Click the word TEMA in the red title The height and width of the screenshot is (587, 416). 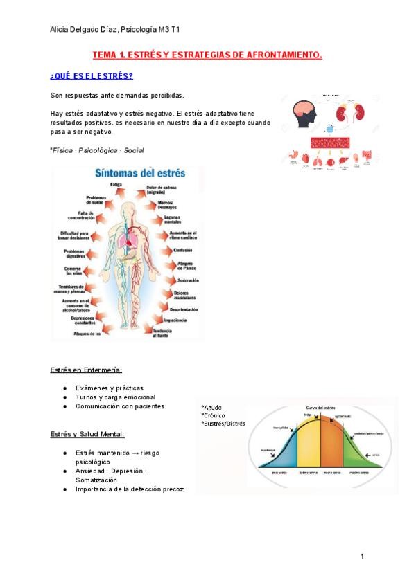click(x=105, y=55)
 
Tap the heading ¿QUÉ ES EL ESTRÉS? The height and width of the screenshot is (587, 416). click(x=92, y=75)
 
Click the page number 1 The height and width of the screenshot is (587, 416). click(x=361, y=557)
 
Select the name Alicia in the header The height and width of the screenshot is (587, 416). click(x=62, y=28)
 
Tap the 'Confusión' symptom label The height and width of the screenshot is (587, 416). click(x=181, y=250)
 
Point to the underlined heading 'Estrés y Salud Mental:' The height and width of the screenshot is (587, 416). click(x=87, y=434)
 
